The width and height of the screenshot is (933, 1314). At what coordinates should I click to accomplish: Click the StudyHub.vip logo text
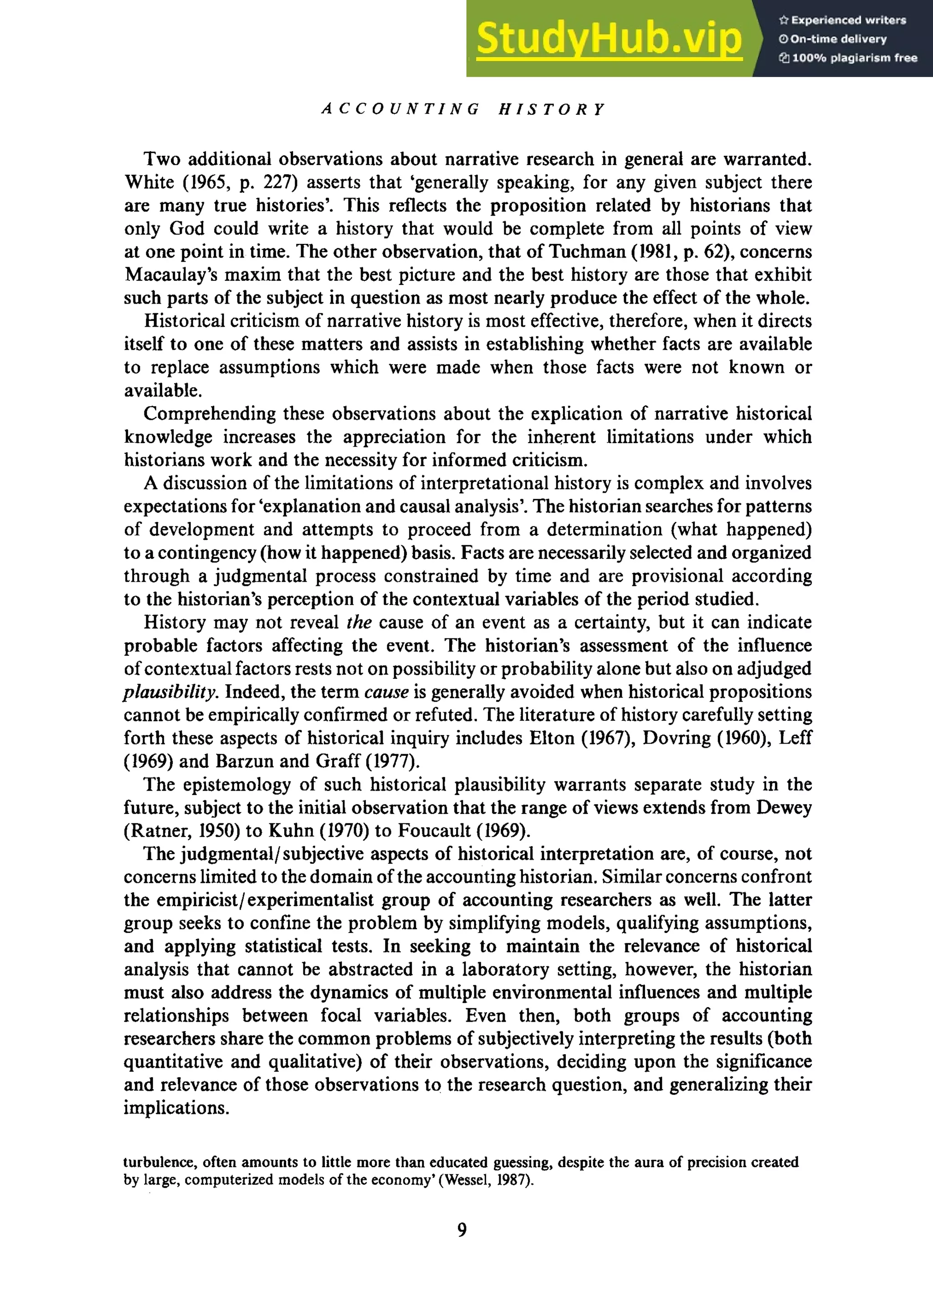coord(608,38)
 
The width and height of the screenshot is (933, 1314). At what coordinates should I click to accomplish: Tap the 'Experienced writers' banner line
coord(843,20)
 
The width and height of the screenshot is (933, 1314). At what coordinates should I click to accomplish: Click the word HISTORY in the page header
coord(552,109)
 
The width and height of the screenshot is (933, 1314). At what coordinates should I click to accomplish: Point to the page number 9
coord(462,1230)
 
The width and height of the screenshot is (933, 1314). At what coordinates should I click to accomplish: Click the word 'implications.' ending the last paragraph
coord(176,1107)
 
